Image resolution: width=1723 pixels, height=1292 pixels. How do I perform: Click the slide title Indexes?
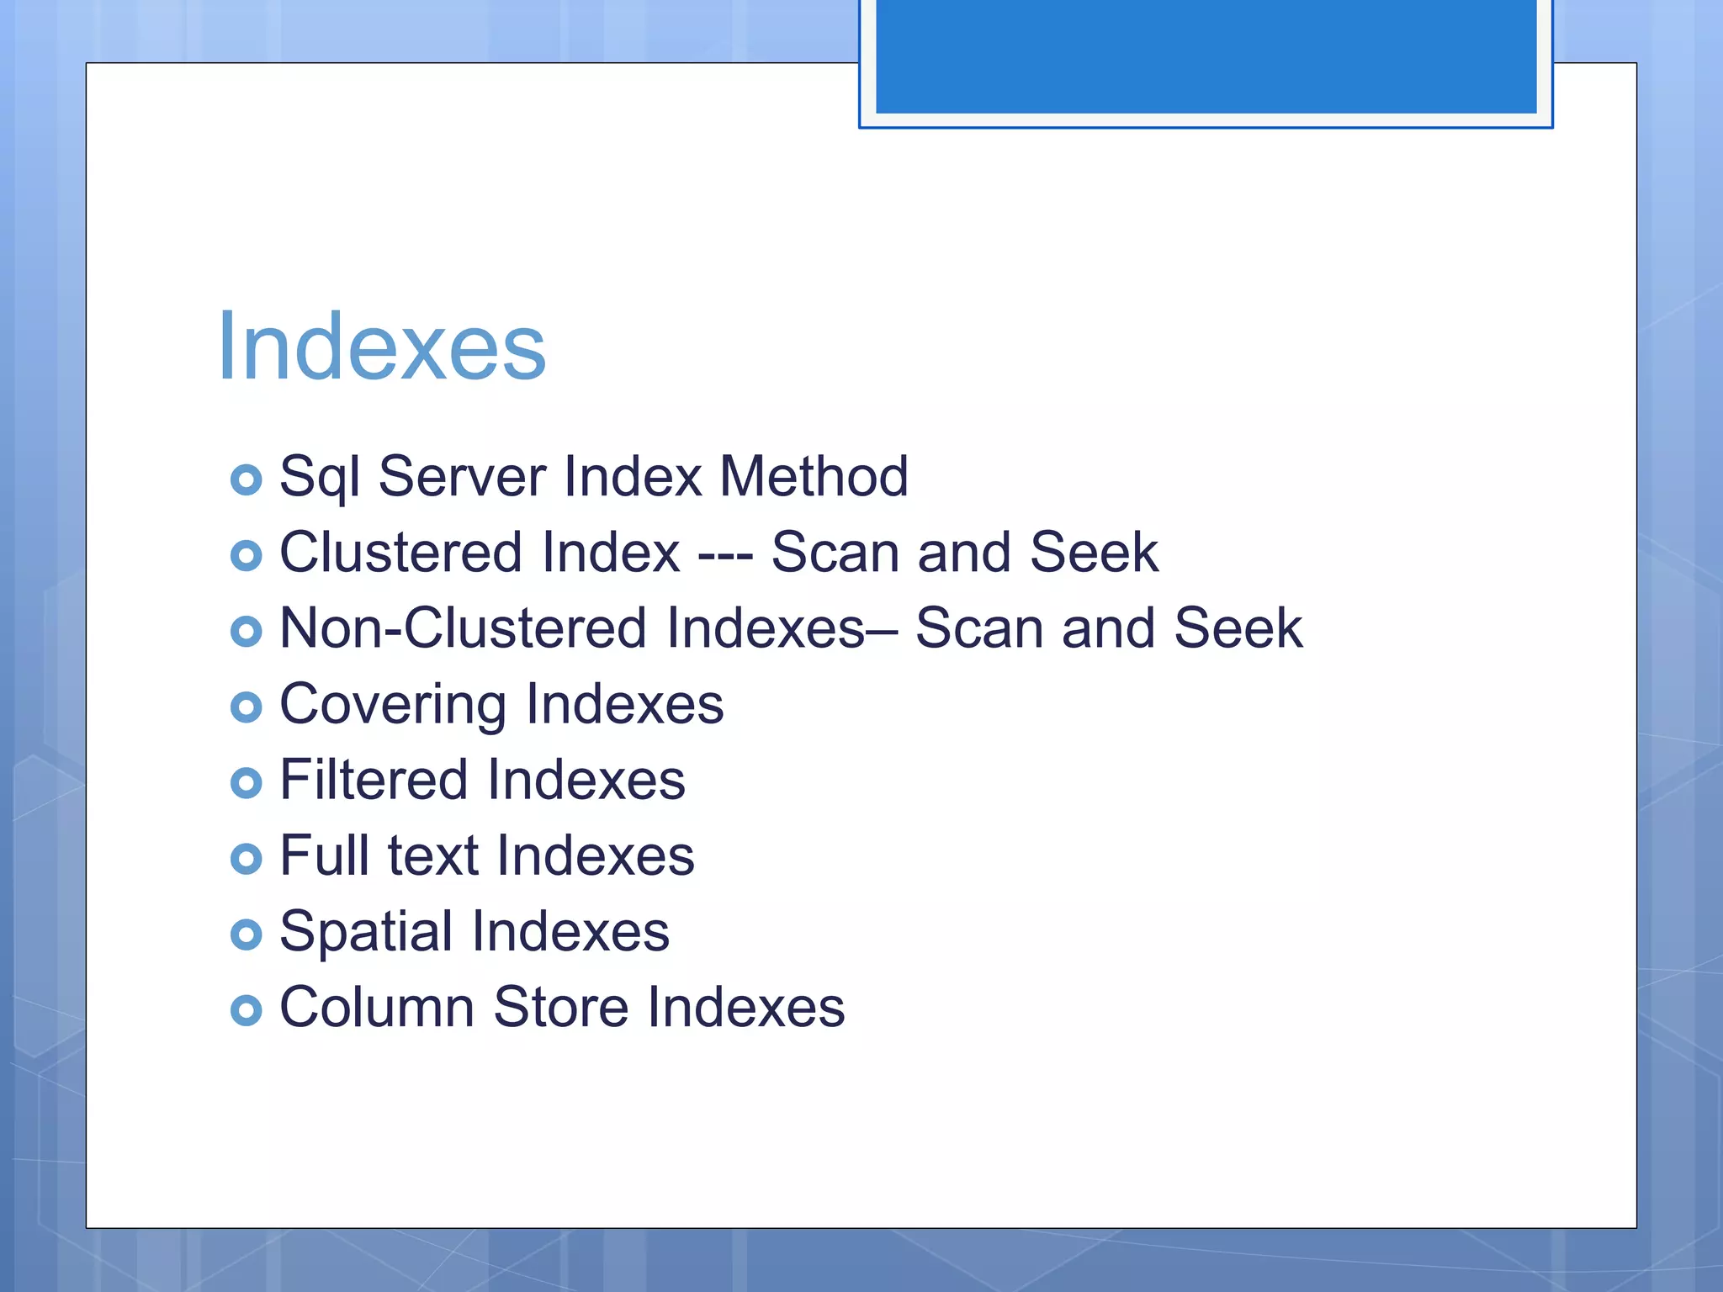point(381,347)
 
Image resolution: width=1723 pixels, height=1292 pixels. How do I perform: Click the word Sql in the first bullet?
point(320,477)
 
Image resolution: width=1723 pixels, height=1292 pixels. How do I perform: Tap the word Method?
point(814,476)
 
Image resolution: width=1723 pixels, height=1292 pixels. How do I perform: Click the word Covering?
point(392,704)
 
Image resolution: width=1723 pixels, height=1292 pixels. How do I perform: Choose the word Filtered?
point(374,780)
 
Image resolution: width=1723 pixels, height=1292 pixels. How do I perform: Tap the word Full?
point(326,855)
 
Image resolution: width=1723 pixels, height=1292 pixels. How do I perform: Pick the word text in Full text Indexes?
point(432,855)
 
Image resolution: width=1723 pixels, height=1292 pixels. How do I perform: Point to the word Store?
point(560,1007)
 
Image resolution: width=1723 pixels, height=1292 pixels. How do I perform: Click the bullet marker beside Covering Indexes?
point(246,707)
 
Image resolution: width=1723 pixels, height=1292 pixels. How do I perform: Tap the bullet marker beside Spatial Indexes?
point(246,935)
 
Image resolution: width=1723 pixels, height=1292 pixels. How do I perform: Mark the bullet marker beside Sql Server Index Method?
point(246,480)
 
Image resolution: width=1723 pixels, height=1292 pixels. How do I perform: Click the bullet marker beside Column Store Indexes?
point(246,1010)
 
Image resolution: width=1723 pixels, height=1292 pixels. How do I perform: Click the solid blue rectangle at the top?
point(1206,56)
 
